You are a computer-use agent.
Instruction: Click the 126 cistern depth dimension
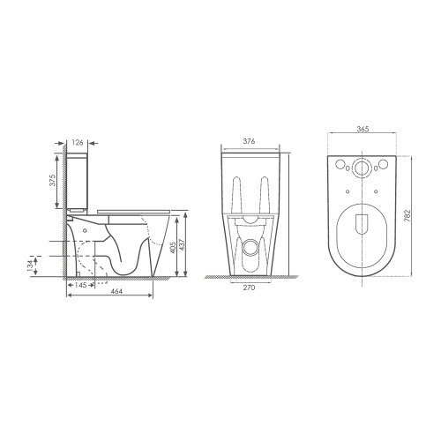78,143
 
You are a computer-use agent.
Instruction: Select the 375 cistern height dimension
53,181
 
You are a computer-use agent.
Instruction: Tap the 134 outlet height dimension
31,266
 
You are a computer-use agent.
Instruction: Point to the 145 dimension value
80,285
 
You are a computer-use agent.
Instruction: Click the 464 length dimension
117,291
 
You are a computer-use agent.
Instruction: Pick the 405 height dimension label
173,247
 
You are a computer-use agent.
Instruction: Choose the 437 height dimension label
182,244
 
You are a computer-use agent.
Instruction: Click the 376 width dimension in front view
249,141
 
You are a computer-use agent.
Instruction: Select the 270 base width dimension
249,288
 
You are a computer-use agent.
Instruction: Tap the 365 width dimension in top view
363,129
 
